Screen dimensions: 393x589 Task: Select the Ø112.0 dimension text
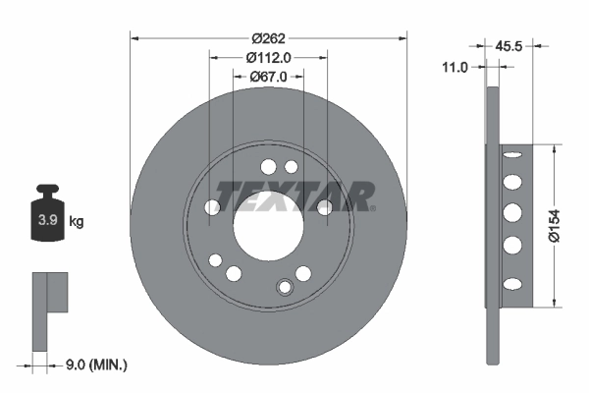pos(268,57)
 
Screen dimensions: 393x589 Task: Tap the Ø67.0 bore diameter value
pos(268,76)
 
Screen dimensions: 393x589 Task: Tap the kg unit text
pos(77,222)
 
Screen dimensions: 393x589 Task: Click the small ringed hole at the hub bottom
pos(286,287)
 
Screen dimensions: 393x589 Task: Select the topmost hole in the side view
pos(510,157)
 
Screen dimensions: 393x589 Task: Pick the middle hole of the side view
pos(510,214)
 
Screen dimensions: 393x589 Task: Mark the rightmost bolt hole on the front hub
pos(324,206)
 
